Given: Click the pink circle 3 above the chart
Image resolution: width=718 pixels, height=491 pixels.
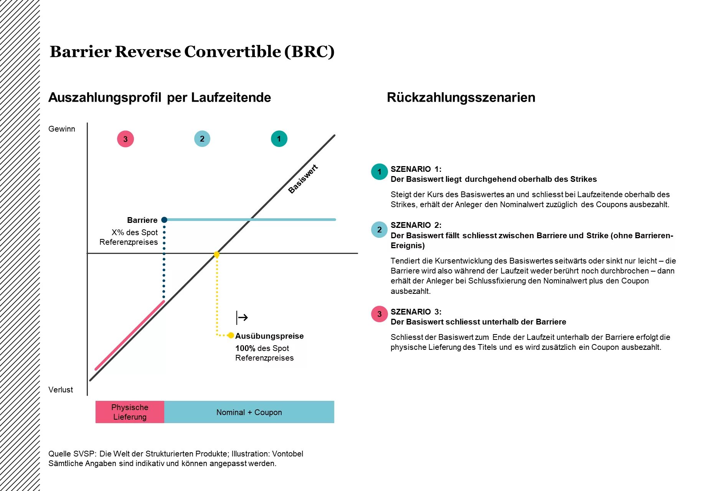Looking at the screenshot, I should pos(125,139).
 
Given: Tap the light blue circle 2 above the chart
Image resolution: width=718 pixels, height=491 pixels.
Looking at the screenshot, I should pos(202,139).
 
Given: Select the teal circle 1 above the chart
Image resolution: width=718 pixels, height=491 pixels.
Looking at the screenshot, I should pos(279,139).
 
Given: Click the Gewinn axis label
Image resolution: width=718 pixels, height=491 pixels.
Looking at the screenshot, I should pos(62,129).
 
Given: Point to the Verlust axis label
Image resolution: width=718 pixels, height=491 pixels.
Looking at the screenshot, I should pos(61,390).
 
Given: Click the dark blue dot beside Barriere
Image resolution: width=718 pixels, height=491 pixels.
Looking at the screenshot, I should pos(164,220).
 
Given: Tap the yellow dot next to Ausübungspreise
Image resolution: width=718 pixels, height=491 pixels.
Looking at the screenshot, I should pos(231,336).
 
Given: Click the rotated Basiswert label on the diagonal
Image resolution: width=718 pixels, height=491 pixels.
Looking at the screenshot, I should pos(303,179).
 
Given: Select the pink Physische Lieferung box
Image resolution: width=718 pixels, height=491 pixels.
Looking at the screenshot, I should pos(130,412).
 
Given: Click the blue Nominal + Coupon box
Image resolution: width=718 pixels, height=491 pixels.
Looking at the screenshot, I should pos(249,412).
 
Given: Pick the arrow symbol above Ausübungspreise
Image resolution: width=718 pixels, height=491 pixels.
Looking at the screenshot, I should pos(242,318).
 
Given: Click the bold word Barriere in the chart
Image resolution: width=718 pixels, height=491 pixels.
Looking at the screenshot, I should pos(142,220).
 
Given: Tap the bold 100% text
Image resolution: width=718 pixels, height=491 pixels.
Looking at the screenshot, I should pos(245,348).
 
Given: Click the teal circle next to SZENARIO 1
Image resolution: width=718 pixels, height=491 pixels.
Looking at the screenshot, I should pos(380,172).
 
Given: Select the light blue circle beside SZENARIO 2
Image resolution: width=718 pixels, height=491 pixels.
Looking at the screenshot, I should pos(380,230).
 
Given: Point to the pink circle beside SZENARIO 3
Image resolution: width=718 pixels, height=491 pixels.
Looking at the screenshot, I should pos(380,314).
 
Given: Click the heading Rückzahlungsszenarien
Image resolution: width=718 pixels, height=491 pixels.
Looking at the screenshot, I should pos(461,97).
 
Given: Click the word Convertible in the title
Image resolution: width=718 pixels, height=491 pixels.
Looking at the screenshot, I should pos(233,51).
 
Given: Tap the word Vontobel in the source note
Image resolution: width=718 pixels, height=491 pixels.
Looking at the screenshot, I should pos(287,454).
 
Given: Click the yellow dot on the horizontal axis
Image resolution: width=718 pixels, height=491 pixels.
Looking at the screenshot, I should pos(216,254).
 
